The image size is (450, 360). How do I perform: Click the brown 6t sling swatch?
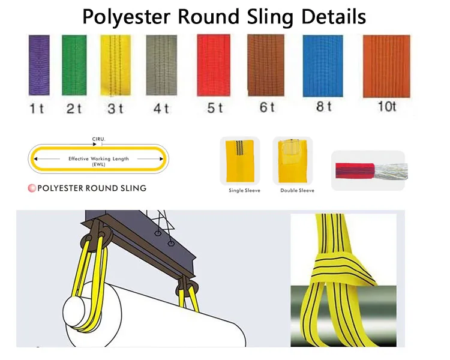tap(266, 65)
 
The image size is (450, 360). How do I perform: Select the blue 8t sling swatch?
tap(323, 65)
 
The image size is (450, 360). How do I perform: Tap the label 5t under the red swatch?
tap(214, 108)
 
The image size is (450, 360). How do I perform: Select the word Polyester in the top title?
tap(125, 16)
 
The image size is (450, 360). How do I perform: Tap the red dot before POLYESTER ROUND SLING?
tap(32, 188)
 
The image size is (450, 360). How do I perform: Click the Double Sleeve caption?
tap(297, 191)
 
